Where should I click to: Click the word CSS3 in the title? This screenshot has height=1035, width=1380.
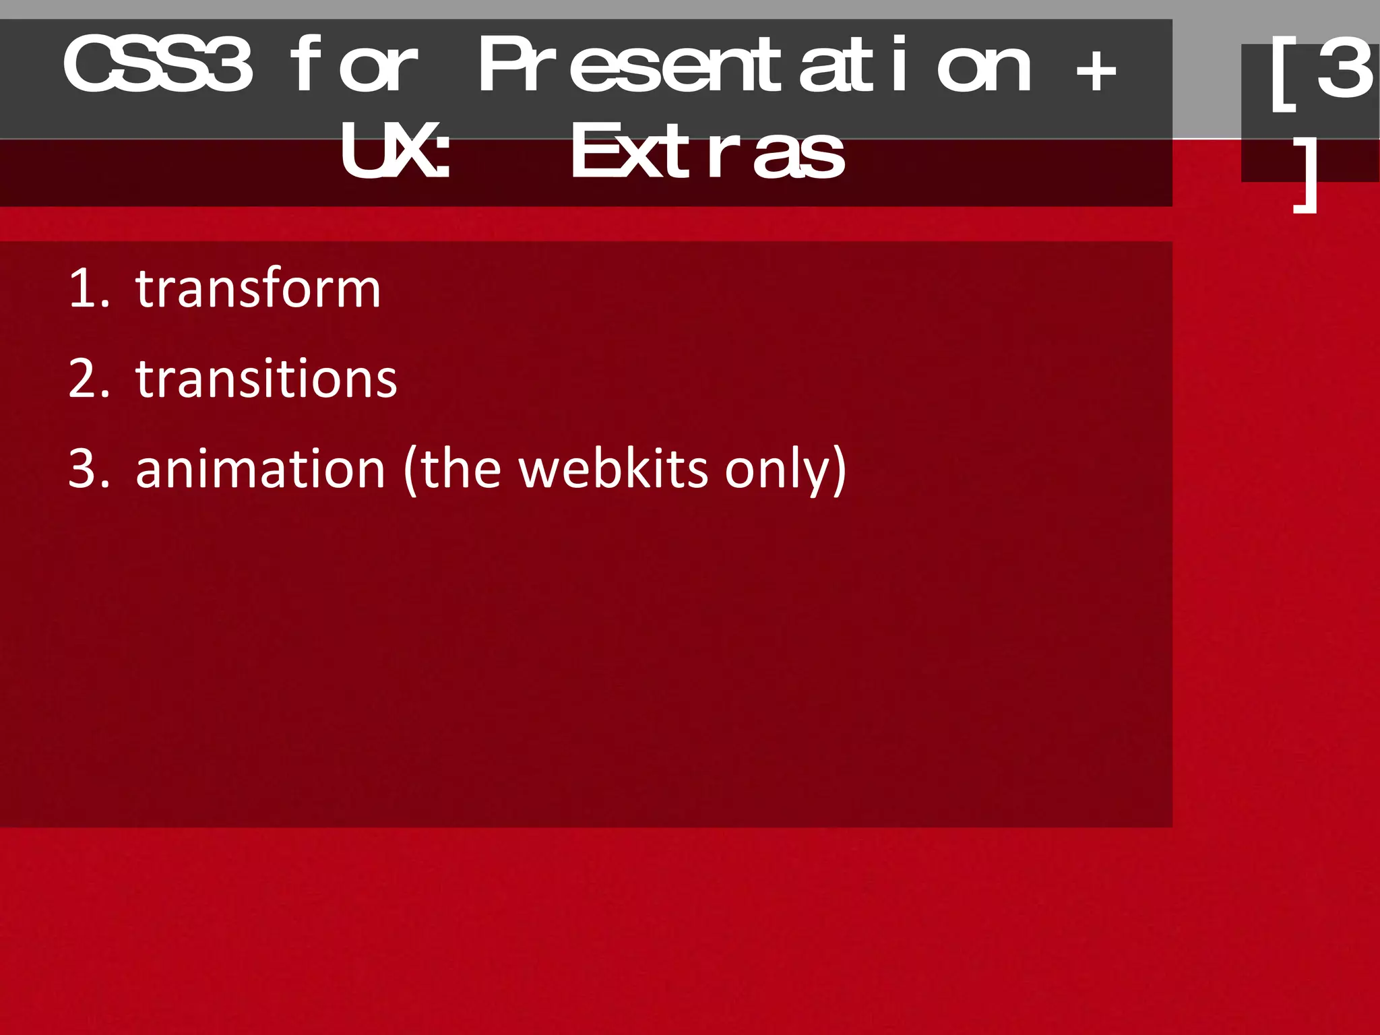pos(158,65)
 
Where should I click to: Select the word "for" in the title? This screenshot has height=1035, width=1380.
pos(354,65)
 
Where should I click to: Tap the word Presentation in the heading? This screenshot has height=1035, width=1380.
pos(755,65)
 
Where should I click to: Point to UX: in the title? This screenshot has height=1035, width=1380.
pos(396,152)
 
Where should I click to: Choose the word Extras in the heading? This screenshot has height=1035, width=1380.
pos(708,152)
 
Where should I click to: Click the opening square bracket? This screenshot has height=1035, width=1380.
pos(1284,74)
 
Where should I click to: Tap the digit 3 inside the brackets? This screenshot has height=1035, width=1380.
pos(1344,67)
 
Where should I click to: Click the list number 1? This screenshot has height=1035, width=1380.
pos(88,288)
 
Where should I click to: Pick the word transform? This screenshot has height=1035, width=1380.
pos(258,288)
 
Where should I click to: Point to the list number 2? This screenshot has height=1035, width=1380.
pos(88,379)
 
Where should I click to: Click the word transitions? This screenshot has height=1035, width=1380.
pos(266,379)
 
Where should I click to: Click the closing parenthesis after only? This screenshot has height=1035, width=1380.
pos(840,470)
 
